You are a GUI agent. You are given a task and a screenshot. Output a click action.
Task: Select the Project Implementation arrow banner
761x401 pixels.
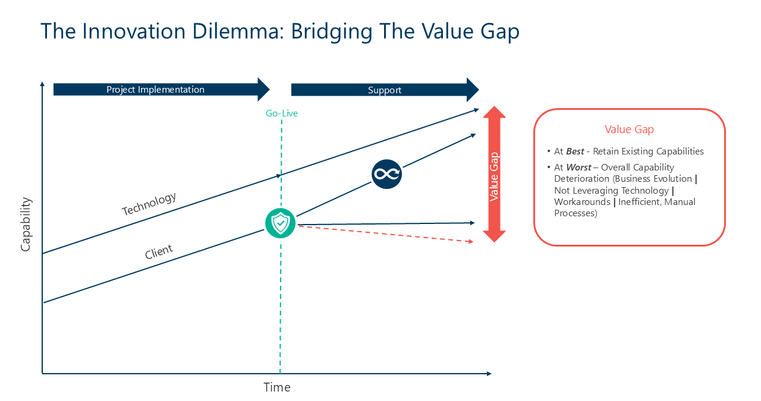[161, 90]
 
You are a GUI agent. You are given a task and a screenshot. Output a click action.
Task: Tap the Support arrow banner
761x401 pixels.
[385, 90]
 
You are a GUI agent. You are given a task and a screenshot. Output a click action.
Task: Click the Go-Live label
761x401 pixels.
[282, 113]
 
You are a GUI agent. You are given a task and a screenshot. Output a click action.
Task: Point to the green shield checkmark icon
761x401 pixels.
[280, 223]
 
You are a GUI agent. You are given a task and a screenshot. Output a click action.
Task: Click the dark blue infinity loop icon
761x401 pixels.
[386, 174]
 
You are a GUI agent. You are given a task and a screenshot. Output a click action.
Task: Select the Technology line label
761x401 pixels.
[149, 204]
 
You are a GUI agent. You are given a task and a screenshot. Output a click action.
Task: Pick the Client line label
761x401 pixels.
[159, 252]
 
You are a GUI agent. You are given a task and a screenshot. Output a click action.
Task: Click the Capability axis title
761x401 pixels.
[26, 224]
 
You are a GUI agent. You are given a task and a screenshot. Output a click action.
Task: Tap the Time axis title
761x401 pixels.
[277, 387]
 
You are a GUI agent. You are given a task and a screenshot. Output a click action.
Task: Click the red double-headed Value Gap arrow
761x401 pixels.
[494, 174]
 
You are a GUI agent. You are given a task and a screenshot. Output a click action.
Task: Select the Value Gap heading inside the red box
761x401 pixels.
[629, 130]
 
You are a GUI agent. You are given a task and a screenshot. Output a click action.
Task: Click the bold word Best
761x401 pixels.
[575, 151]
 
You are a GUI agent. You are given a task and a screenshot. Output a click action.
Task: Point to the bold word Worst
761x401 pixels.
[579, 168]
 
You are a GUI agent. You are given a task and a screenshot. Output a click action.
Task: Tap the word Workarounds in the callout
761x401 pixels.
[582, 202]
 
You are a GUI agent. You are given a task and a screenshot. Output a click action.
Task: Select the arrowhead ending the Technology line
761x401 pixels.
[476, 110]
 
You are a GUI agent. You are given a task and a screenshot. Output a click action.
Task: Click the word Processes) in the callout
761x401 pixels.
[576, 213]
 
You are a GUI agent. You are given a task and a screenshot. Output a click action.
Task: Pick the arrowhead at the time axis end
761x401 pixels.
[489, 374]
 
